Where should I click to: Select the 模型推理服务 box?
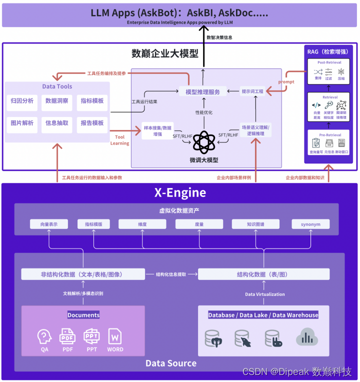pos(202,91)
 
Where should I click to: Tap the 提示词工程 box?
pos(252,91)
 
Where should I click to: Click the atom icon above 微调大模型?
pos(203,142)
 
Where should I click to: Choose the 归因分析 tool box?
pos(22,101)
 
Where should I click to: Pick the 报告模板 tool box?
pos(92,123)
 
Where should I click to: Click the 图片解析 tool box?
pos(22,123)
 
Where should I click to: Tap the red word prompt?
pos(286,81)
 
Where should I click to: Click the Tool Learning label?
pos(119,140)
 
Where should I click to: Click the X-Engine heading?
pos(179,193)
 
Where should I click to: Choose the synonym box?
pos(310,224)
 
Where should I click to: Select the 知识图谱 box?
pos(255,224)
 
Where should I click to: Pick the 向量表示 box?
pos(48,224)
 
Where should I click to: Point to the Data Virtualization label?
pos(264,294)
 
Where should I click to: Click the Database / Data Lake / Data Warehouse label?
pos(263,315)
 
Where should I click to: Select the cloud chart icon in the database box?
pos(307,337)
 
